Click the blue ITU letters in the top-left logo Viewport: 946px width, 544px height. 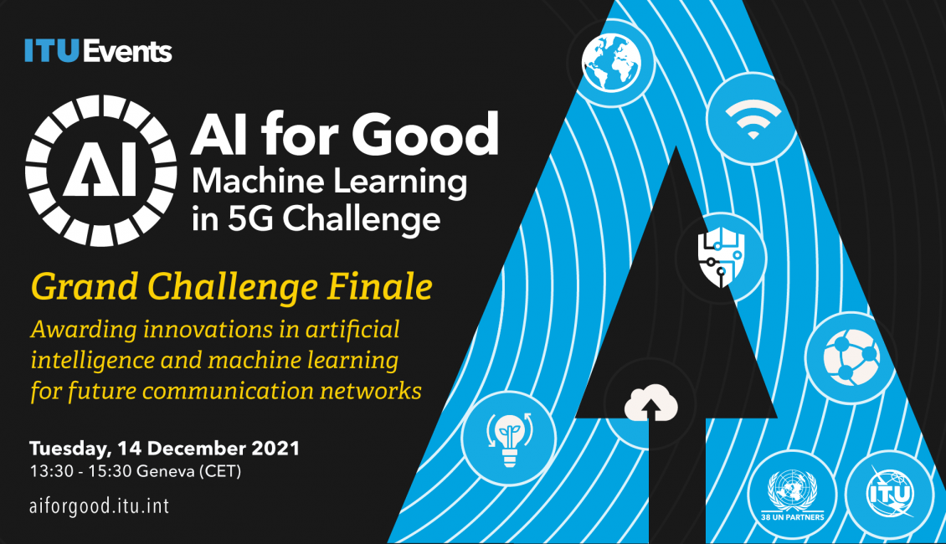pos(52,51)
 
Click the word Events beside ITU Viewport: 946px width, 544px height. pos(127,51)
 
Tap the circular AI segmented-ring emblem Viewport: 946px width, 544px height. pos(100,170)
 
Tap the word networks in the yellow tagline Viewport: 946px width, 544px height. pos(370,391)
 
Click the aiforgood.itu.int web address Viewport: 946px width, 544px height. pos(100,506)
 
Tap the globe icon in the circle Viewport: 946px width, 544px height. pos(611,63)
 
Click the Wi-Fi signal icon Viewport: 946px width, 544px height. pos(753,118)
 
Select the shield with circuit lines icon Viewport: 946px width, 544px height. pos(721,258)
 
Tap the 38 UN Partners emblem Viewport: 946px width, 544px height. pos(793,495)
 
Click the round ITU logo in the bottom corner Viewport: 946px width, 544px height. pos(891,494)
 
